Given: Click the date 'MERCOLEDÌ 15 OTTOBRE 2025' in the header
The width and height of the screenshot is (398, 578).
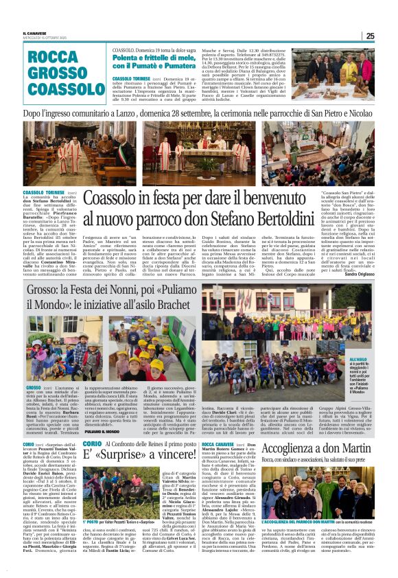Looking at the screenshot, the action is click(45, 38).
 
